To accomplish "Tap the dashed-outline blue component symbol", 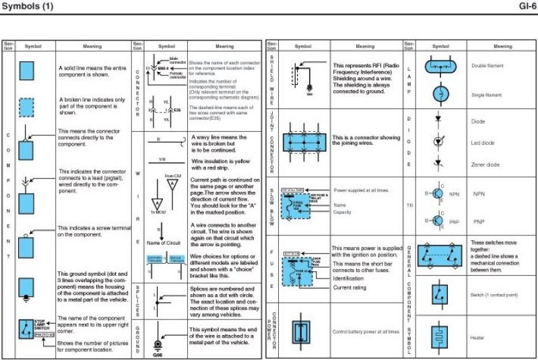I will pyautogui.click(x=26, y=108).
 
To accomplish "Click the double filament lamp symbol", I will pyautogui.click(x=442, y=66).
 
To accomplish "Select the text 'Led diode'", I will pyautogui.click(x=483, y=143).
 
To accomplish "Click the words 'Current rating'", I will pyautogui.click(x=349, y=287).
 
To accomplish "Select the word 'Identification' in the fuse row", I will pyautogui.click(x=348, y=278).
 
